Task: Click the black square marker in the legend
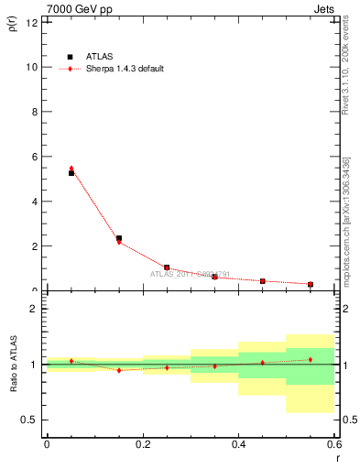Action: coord(71,57)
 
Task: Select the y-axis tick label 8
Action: coord(33,112)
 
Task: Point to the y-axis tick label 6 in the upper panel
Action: coord(33,157)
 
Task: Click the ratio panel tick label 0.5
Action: coord(28,420)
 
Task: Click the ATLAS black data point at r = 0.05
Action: coord(71,173)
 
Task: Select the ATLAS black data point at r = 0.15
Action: coord(119,238)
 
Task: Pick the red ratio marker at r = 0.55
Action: coord(311,359)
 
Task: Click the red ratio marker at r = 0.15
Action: coord(119,370)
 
